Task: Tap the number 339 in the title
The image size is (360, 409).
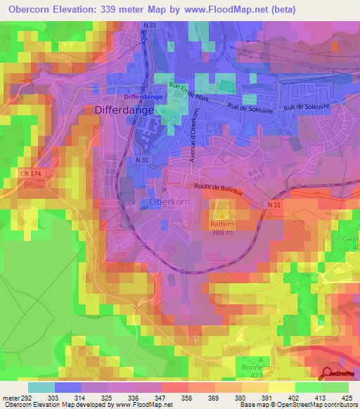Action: [x=115, y=9]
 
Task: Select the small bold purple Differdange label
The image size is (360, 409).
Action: [x=143, y=96]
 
